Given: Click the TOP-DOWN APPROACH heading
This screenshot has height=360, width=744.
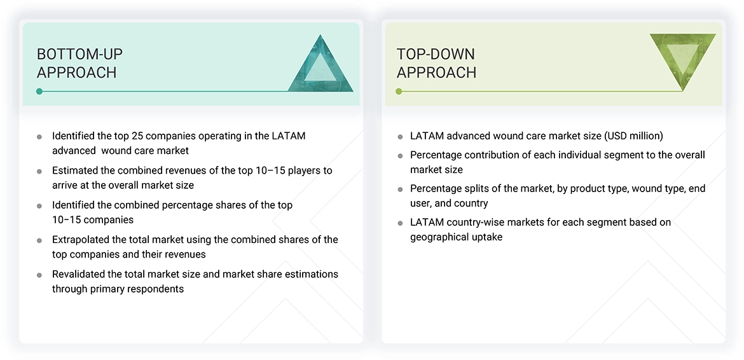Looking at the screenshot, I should tap(436, 63).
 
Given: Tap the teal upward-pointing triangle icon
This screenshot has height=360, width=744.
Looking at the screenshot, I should tap(320, 66).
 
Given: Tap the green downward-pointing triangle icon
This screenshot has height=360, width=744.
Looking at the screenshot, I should tap(682, 59).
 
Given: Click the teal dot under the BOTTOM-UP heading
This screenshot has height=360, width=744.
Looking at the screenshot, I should tap(39, 92).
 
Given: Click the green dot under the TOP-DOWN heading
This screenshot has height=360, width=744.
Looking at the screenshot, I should tap(399, 92).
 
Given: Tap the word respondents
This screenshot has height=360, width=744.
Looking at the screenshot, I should tap(155, 289).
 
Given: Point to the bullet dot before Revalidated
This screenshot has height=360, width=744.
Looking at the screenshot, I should tap(39, 275).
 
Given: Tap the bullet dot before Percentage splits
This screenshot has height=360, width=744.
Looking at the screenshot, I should tap(400, 190).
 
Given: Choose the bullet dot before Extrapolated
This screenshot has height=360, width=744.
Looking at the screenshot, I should tap(39, 240).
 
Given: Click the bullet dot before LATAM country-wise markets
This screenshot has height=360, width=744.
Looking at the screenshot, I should tap(400, 223).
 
